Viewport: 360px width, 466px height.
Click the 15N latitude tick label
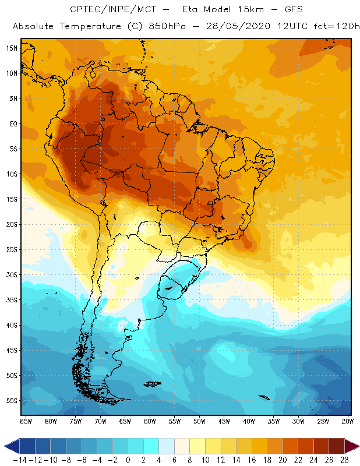pos(11,48)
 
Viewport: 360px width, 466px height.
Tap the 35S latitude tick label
pos(11,300)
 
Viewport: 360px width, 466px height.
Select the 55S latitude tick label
pos(11,401)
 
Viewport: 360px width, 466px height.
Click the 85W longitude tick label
pos(26,421)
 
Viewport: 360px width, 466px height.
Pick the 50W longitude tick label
pos(199,421)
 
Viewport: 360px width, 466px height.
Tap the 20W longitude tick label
pos(348,421)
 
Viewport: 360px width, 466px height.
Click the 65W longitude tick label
pos(125,421)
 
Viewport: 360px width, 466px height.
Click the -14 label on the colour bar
pos(20,460)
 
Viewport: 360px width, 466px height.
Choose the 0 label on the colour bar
pos(128,460)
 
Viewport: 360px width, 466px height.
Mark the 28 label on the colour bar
pos(344,460)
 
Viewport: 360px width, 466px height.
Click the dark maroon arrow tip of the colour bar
pos(354,446)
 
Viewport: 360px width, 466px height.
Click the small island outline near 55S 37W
pos(263,398)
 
